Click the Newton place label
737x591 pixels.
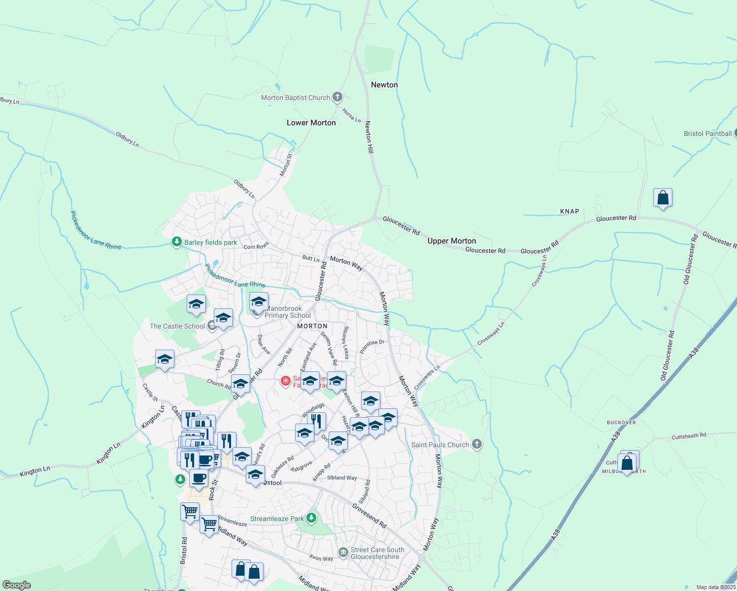(384, 85)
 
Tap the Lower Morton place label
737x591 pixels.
(311, 123)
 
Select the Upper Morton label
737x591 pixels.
(452, 241)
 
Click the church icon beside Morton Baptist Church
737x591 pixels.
(337, 97)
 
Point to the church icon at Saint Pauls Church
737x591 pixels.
(476, 444)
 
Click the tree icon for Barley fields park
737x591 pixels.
(177, 242)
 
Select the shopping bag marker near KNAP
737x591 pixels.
(663, 198)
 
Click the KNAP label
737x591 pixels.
(569, 211)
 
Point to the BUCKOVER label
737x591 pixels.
(621, 423)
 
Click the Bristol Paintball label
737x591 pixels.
(707, 133)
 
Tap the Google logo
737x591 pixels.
(16, 585)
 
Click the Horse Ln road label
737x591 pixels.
(352, 116)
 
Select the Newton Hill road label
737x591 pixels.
(369, 137)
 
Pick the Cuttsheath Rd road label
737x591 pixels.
(689, 436)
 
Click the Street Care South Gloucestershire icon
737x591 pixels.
(343, 553)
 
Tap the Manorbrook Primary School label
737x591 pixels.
(288, 312)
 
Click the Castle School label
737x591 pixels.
(177, 326)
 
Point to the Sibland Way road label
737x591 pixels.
(342, 478)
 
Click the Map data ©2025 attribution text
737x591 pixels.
(716, 587)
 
